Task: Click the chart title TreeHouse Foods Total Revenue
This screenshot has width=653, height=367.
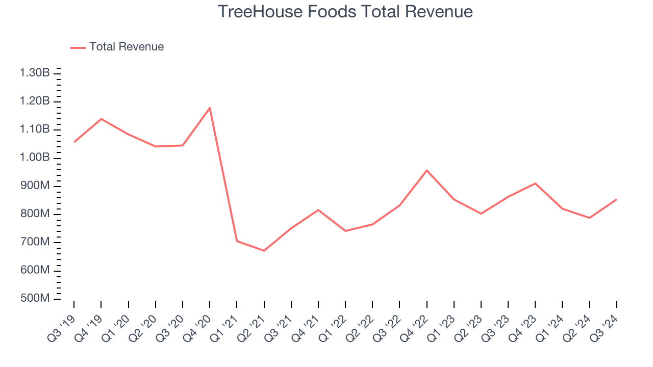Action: tap(345, 11)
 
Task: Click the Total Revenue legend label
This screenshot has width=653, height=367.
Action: tap(127, 47)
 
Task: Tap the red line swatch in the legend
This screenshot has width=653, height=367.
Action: tap(78, 47)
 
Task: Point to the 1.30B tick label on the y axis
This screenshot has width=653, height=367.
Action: tap(35, 73)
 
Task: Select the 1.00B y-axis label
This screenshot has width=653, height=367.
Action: tap(35, 158)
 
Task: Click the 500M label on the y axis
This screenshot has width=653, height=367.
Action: tap(34, 298)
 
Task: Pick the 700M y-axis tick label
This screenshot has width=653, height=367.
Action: tap(34, 242)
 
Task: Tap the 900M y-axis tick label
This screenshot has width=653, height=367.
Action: tap(34, 186)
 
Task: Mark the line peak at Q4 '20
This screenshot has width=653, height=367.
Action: tap(210, 108)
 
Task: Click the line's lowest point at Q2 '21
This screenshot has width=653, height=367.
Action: tap(264, 251)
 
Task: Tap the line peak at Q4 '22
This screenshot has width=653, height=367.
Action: tap(426, 170)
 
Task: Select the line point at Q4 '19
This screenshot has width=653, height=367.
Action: tap(101, 119)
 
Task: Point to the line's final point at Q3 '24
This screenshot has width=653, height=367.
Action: tap(616, 199)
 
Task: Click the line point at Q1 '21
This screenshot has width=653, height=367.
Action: tap(237, 241)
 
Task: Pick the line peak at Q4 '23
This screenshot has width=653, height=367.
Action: tap(535, 183)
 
